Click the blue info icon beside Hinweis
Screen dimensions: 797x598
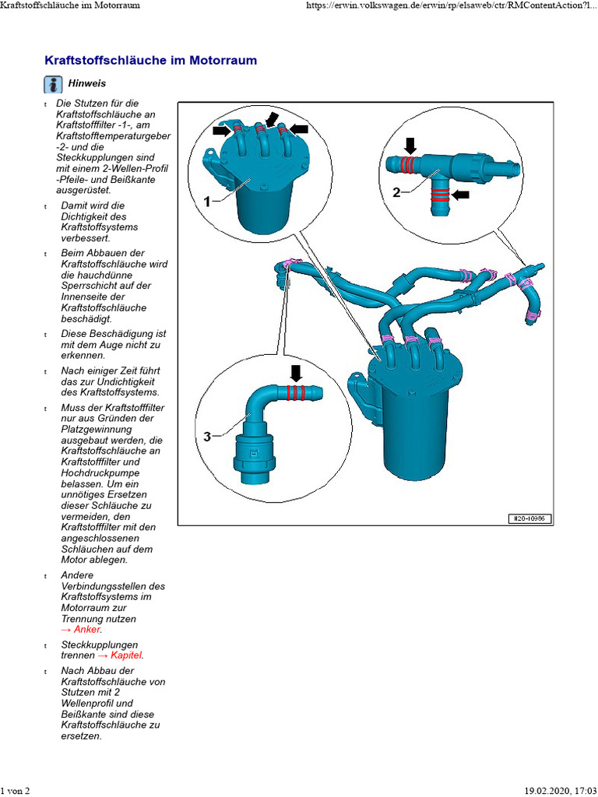[x=53, y=84]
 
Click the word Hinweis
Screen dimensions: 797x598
[x=87, y=83]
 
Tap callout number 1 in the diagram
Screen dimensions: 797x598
[x=208, y=201]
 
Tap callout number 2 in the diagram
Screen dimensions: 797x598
[x=396, y=192]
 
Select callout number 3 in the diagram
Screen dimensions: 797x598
[x=207, y=437]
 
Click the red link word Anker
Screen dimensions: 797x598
[x=87, y=629]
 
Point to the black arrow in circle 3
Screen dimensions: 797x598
[x=295, y=372]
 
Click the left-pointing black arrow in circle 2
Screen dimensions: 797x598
[x=462, y=195]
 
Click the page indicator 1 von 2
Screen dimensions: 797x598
[x=16, y=791]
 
